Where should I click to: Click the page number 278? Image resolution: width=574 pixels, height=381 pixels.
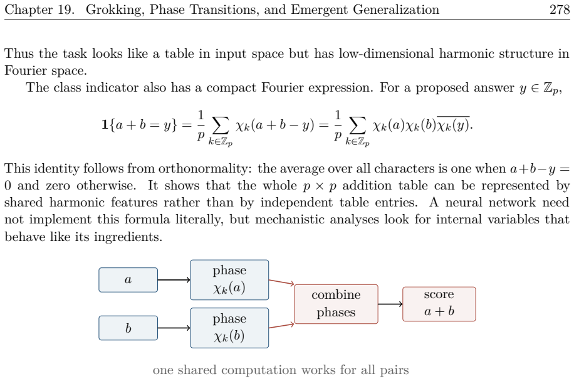coord(560,9)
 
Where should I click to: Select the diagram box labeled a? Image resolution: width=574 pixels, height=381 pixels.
coord(128,280)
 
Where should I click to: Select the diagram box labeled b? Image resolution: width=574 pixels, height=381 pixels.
coord(128,328)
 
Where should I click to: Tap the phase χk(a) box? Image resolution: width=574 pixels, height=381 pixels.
coord(229,280)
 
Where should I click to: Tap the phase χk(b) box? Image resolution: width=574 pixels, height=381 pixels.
coord(229,328)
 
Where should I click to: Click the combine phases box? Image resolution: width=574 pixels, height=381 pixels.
coord(336,304)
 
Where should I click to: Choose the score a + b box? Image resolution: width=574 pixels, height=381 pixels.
coord(439,304)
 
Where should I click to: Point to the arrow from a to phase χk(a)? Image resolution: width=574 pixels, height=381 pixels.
coord(174,280)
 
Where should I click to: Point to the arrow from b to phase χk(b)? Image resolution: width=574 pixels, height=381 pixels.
coord(174,328)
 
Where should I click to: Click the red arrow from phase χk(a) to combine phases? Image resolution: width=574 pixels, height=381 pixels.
coord(281,282)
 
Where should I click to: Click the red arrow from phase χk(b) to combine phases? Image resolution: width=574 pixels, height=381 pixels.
coord(281,325)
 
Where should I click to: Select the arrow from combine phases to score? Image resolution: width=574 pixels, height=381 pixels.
coord(390,304)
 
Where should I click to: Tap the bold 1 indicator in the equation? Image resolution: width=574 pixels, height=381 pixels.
coord(105,125)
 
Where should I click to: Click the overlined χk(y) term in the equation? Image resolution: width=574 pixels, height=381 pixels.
coord(454,125)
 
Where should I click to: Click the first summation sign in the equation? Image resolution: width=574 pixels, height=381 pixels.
coord(221,126)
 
